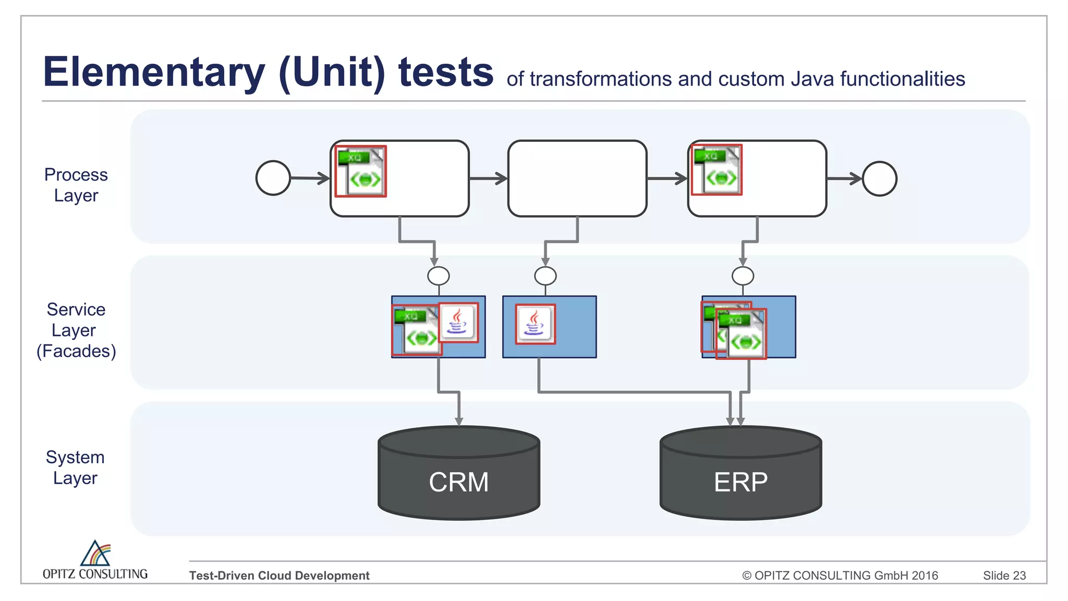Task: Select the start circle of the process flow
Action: (x=273, y=178)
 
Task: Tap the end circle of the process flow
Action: (x=879, y=178)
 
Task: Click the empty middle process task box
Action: (x=577, y=178)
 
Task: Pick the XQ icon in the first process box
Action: (x=360, y=171)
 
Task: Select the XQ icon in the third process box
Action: (x=717, y=170)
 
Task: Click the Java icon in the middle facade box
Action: (x=535, y=324)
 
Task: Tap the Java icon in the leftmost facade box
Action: (x=458, y=322)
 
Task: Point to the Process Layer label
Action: (x=76, y=185)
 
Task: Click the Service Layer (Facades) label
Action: (x=76, y=330)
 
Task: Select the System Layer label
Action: (x=76, y=467)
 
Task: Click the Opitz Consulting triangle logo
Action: (x=95, y=554)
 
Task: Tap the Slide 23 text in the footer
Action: (x=1004, y=575)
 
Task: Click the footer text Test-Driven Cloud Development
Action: (x=279, y=575)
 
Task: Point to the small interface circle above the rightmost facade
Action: (x=743, y=275)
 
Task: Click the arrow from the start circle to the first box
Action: (x=310, y=178)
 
